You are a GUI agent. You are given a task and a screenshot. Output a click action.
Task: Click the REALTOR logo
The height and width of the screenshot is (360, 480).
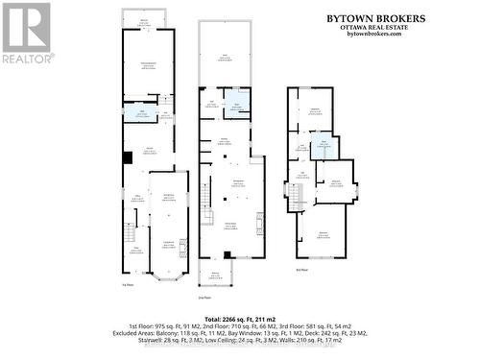(x=26, y=34)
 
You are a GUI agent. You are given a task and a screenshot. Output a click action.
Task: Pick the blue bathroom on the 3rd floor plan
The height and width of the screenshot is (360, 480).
(x=324, y=146)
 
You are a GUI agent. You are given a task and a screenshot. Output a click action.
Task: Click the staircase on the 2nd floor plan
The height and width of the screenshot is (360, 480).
(x=204, y=198)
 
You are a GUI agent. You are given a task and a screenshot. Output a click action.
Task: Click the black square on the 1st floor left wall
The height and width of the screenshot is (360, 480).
(x=126, y=158)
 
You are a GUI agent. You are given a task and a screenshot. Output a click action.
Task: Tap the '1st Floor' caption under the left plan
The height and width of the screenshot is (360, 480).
(x=128, y=285)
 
